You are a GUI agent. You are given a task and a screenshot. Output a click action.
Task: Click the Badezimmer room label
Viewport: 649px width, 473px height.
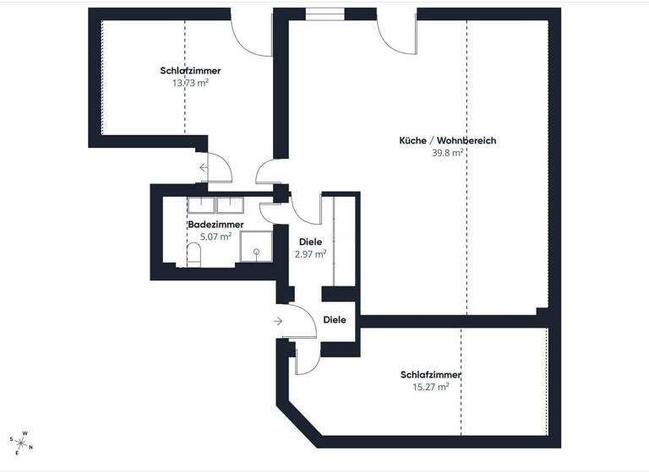215,225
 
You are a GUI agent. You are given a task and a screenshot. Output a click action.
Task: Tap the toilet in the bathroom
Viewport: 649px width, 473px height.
194,254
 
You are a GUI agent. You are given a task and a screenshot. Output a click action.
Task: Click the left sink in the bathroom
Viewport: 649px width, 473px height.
201,204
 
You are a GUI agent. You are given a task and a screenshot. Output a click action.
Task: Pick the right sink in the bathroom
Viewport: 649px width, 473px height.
230,204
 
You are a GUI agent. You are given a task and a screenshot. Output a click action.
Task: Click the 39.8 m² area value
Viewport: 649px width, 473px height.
448,153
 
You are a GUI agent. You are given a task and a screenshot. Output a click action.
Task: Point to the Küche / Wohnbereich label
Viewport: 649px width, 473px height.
448,140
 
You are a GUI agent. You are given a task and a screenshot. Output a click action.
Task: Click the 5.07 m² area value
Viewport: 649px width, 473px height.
215,236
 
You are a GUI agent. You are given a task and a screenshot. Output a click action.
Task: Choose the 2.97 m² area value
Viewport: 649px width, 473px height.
310,253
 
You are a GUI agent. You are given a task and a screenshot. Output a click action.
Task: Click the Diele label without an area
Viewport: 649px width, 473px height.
335,320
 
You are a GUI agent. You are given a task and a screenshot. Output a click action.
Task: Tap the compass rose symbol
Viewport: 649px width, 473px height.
21,441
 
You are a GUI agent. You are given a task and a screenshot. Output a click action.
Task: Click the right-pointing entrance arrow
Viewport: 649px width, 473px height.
279,321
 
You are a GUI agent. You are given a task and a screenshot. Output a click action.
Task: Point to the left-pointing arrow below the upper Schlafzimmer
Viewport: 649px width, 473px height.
204,167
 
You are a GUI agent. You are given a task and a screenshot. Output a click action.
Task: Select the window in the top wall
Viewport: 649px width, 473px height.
324,13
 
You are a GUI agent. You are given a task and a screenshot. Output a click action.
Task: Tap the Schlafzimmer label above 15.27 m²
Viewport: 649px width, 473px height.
431,375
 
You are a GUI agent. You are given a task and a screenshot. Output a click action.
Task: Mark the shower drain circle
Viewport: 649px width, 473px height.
254,251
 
